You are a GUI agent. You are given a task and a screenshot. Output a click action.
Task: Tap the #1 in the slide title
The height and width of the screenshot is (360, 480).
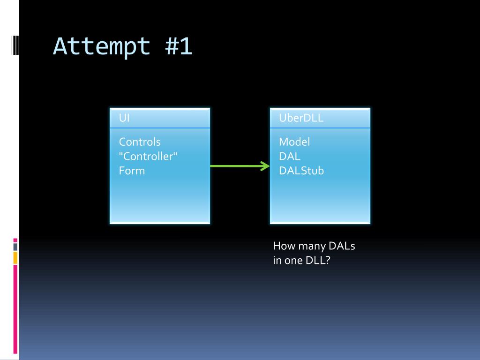tap(178, 47)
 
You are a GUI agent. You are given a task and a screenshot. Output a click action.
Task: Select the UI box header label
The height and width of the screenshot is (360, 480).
tap(124, 118)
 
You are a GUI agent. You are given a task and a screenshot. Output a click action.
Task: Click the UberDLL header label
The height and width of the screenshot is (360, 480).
tap(301, 118)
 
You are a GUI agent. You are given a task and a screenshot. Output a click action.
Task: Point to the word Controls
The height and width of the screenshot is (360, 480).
tap(140, 142)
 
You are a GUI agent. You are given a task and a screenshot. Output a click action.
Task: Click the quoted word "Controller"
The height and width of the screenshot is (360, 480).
tap(148, 156)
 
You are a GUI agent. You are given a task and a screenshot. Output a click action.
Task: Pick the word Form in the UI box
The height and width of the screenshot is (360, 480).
tap(132, 171)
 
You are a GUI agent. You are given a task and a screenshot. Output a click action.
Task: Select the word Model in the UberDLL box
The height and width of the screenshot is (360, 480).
tap(294, 142)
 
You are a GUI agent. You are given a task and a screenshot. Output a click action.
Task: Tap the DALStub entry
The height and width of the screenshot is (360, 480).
tap(301, 171)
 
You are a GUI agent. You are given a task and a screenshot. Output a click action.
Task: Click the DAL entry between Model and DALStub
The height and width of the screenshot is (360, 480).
tap(289, 156)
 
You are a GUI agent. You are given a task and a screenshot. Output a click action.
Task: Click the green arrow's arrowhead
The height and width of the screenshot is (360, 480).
tap(266, 166)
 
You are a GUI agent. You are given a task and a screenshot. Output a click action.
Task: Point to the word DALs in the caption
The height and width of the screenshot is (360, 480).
tap(342, 246)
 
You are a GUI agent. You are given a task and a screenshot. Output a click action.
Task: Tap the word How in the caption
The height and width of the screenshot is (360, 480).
tap(283, 246)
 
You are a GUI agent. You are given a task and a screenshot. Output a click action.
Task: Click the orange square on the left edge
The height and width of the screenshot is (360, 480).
tap(15, 257)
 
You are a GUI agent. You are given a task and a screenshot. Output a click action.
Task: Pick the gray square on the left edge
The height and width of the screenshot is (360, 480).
tap(15, 247)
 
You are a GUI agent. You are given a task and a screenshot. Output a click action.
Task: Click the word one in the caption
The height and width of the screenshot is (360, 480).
tap(293, 261)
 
